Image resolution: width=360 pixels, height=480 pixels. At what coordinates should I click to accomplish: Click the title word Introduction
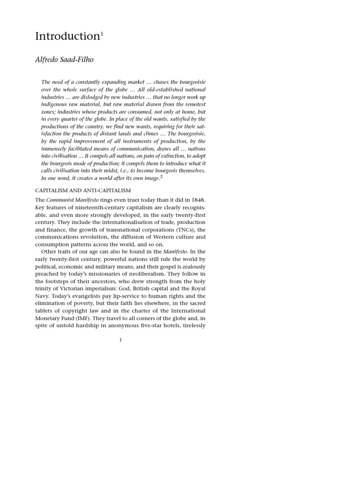pos(67,37)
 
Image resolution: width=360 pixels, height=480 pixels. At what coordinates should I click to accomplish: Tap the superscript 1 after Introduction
pos(102,33)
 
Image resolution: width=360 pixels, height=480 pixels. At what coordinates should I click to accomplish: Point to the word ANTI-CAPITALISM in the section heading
pos(107,190)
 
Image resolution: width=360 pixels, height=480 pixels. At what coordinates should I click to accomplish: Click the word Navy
pos(43,296)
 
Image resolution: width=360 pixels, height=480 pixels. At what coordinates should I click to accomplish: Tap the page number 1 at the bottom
pos(120,340)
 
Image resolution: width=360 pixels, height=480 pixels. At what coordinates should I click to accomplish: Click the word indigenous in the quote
pos(56,104)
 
